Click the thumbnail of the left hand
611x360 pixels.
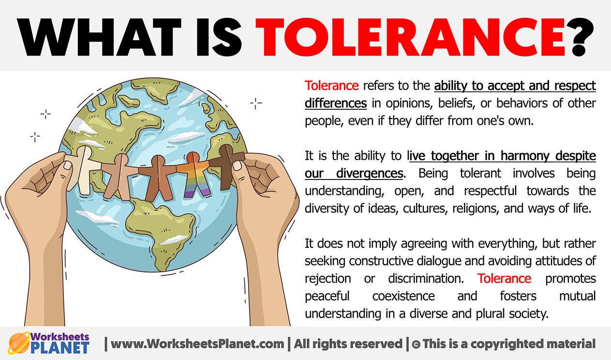pos(68,165)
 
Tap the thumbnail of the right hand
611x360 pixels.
pos(238,165)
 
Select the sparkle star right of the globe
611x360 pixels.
pos(256,103)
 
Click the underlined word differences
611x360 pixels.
pos(336,104)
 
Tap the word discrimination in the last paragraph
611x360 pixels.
pos(426,278)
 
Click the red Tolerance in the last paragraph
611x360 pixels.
pos(504,278)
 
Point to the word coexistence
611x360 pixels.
pos(403,296)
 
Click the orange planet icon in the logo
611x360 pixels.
pos(19,343)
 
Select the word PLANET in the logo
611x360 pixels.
pos(60,347)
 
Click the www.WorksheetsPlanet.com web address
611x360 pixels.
pos(197,344)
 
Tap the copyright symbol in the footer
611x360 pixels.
pos(416,344)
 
